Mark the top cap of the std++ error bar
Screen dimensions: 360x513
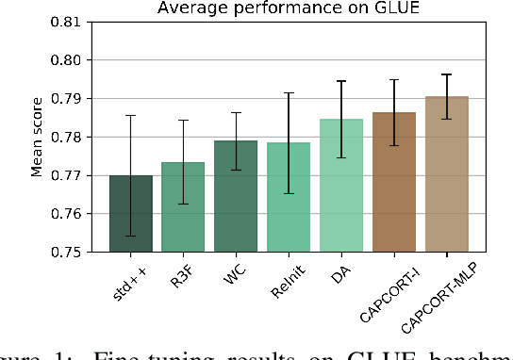pyautogui.click(x=131, y=115)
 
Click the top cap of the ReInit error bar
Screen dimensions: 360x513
pyautogui.click(x=289, y=92)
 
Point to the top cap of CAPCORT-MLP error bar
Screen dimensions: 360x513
pyautogui.click(x=447, y=74)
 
